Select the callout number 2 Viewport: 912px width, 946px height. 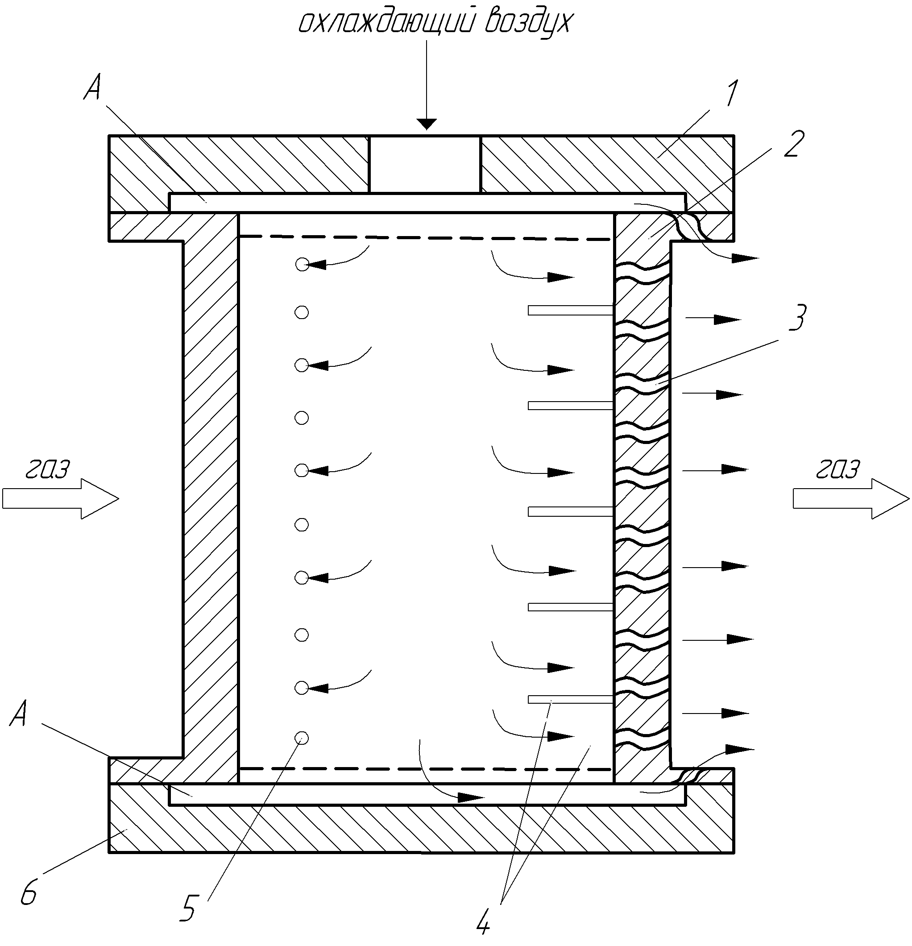coord(794,144)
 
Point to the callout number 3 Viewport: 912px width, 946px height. coord(797,317)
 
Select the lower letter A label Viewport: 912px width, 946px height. coord(18,714)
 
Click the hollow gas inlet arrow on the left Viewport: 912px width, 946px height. coord(60,498)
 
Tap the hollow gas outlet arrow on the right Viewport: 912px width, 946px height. coord(851,498)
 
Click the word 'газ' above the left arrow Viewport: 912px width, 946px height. coord(47,468)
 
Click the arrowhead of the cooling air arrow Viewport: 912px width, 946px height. coord(426,124)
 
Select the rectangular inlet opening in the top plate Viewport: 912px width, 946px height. coord(425,164)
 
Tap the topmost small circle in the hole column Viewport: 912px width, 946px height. coord(302,264)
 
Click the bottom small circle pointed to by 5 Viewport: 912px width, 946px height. coord(302,738)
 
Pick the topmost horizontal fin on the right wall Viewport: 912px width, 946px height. coord(570,310)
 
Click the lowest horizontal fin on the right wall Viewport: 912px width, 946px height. coord(570,699)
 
